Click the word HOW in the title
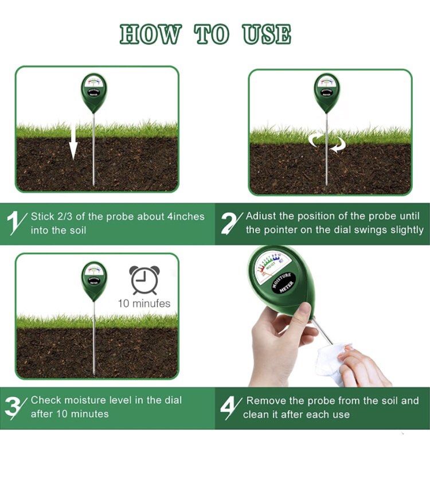tap(151, 34)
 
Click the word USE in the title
tap(267, 34)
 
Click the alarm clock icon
tap(144, 280)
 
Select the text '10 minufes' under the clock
tap(144, 303)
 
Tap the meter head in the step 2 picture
tap(327, 92)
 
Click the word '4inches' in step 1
tap(185, 216)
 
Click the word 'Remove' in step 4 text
tap(265, 400)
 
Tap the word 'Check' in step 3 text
tap(46, 400)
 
